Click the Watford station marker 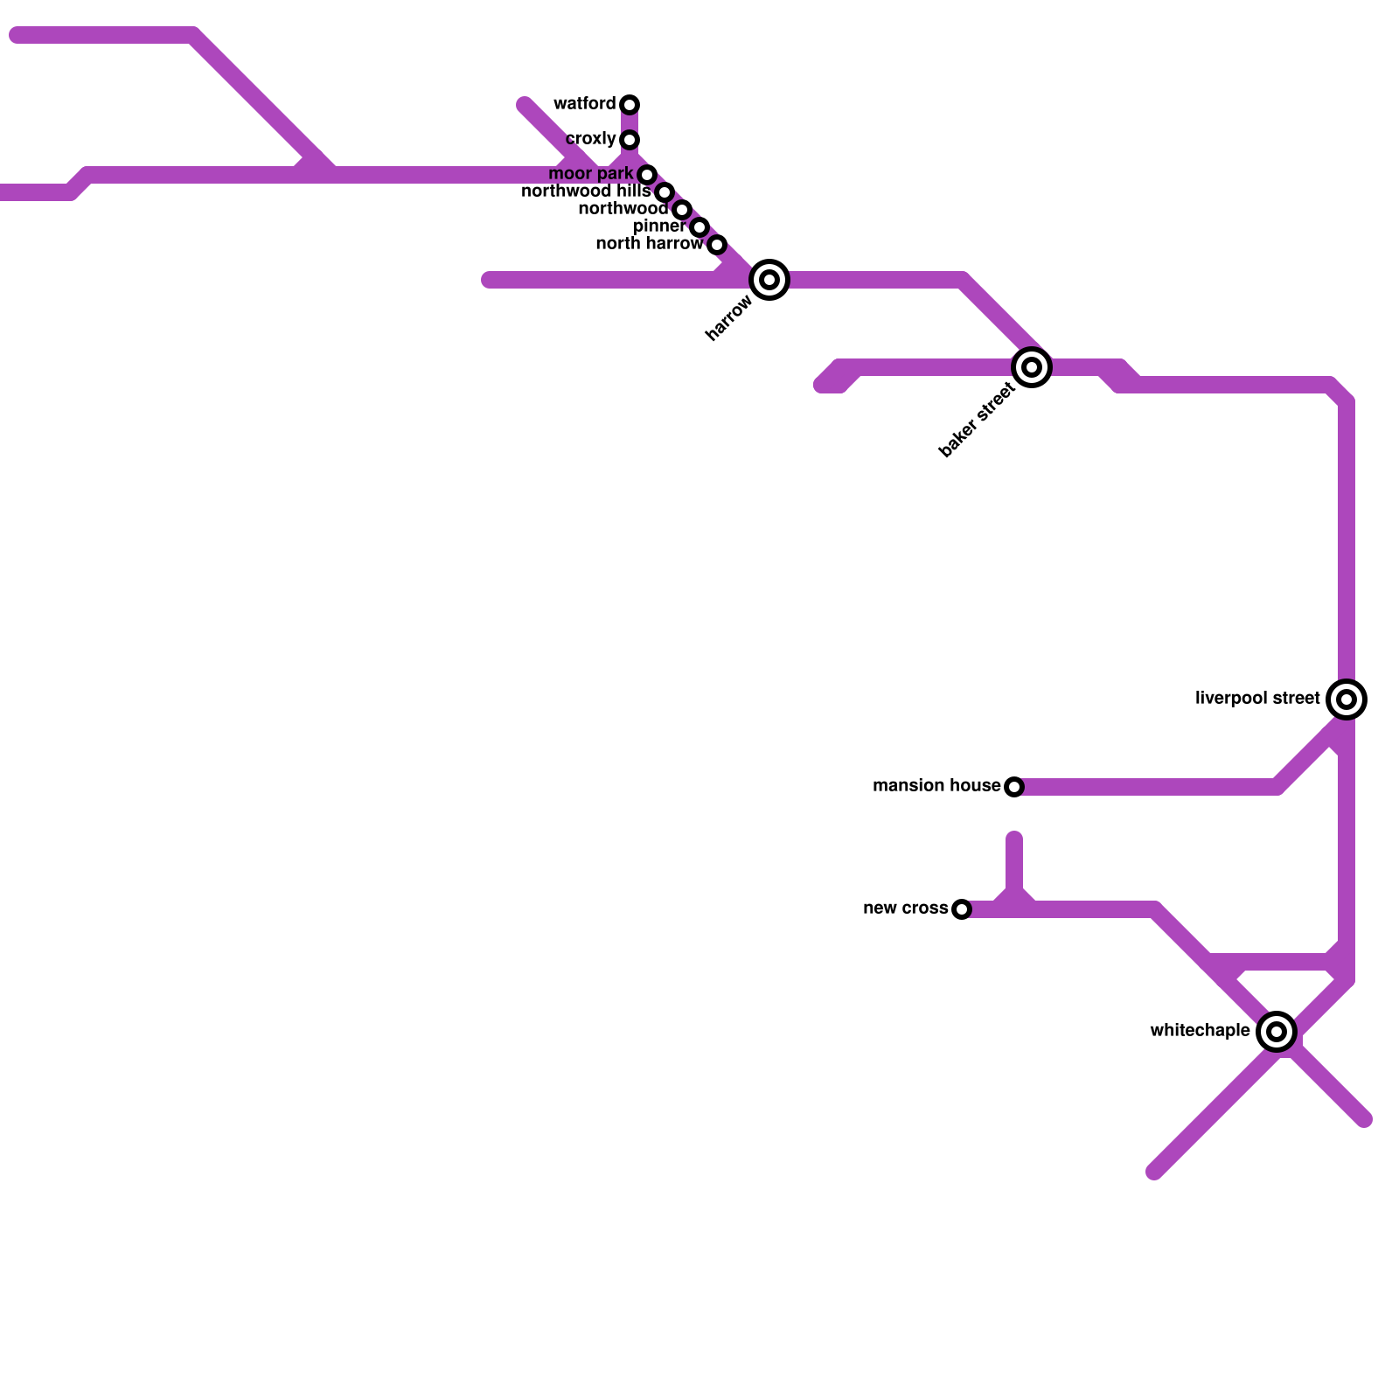(630, 105)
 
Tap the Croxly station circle (630, 140)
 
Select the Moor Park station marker (647, 175)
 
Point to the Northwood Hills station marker (665, 192)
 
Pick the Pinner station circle (699, 227)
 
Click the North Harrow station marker (717, 245)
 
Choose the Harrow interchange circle (769, 280)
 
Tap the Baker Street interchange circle (1032, 367)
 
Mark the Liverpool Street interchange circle (1347, 699)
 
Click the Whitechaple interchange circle (1277, 1032)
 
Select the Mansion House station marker (1014, 787)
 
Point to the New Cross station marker (962, 909)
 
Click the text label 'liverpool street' (1257, 699)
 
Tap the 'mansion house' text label (936, 786)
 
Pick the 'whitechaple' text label (1200, 1031)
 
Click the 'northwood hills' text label (586, 191)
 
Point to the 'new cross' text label (905, 908)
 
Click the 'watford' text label (584, 104)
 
